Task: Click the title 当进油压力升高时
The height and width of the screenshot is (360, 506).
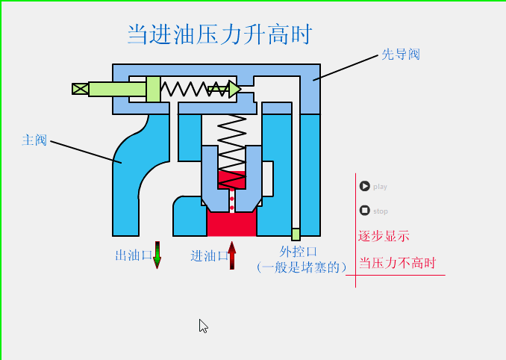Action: click(x=219, y=34)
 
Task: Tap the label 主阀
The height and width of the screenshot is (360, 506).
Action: click(x=34, y=140)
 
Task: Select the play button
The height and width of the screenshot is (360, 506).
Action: click(x=365, y=186)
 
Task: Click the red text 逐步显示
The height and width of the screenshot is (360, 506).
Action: click(x=384, y=236)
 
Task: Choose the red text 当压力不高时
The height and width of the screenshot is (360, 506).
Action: click(x=396, y=264)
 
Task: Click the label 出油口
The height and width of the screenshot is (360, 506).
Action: click(x=134, y=256)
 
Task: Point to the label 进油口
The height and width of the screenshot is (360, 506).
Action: click(x=209, y=256)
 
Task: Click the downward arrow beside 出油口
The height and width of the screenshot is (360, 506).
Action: click(x=157, y=255)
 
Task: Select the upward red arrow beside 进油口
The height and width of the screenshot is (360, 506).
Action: click(x=232, y=255)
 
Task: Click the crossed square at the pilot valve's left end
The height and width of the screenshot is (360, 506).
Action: click(x=80, y=89)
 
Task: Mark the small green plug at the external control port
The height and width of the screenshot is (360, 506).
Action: click(x=296, y=234)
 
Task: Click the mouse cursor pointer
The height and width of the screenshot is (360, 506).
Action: click(x=202, y=325)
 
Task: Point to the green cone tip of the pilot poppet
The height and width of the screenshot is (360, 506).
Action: click(x=234, y=90)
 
